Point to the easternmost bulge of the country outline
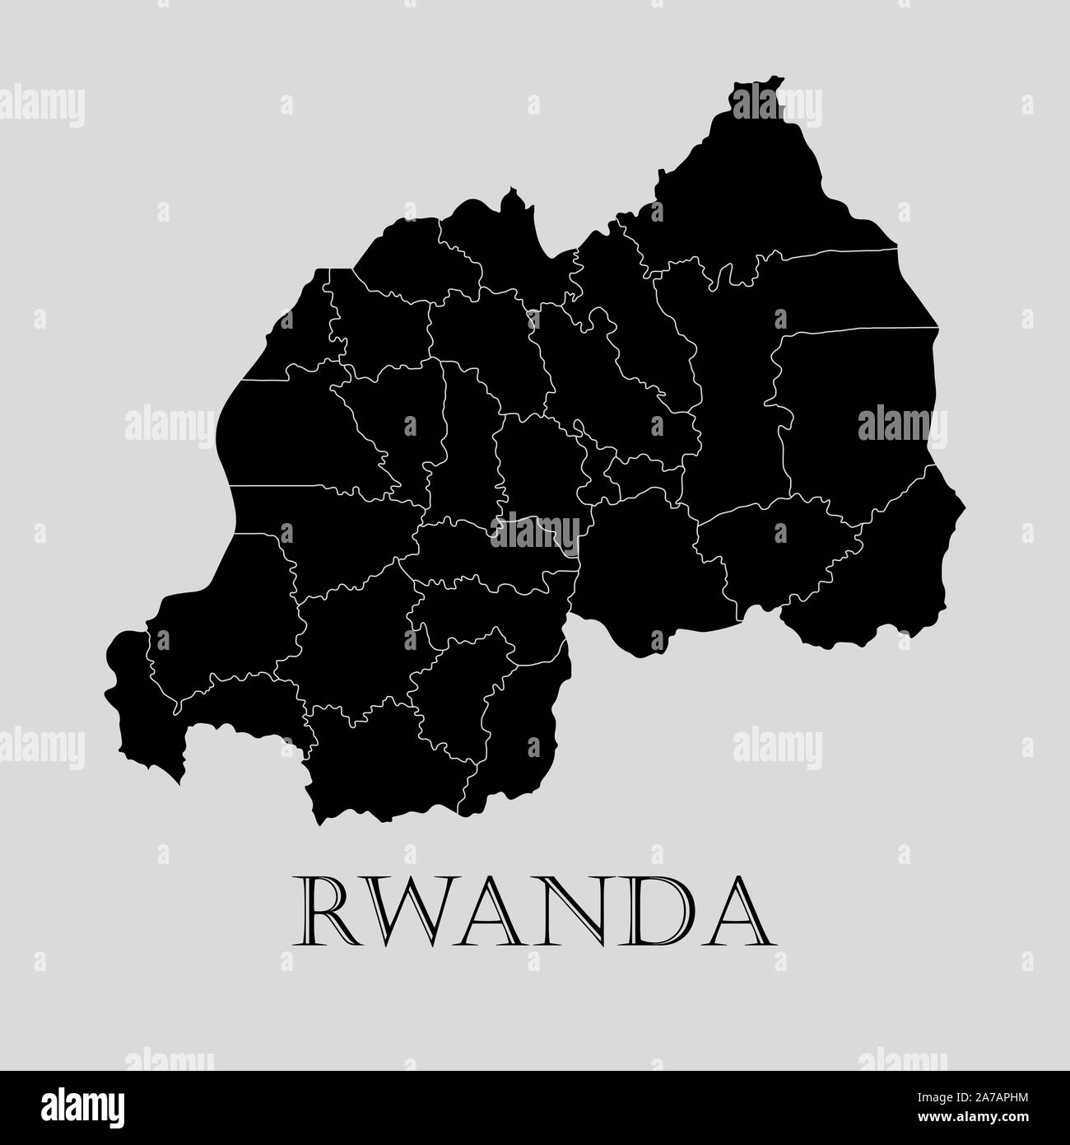[961, 502]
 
